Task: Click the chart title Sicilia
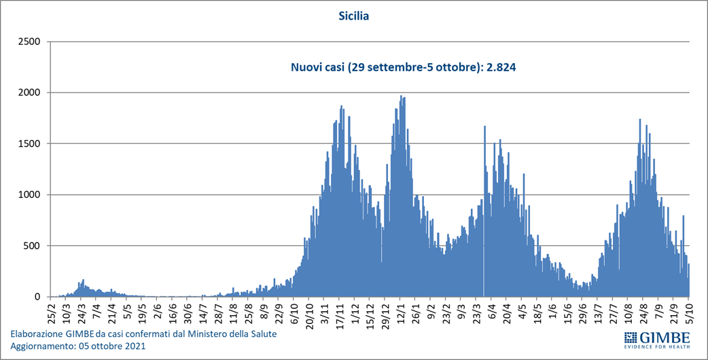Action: pos(353,15)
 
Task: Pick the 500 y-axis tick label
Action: pos(33,246)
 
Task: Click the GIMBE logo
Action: pos(656,339)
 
